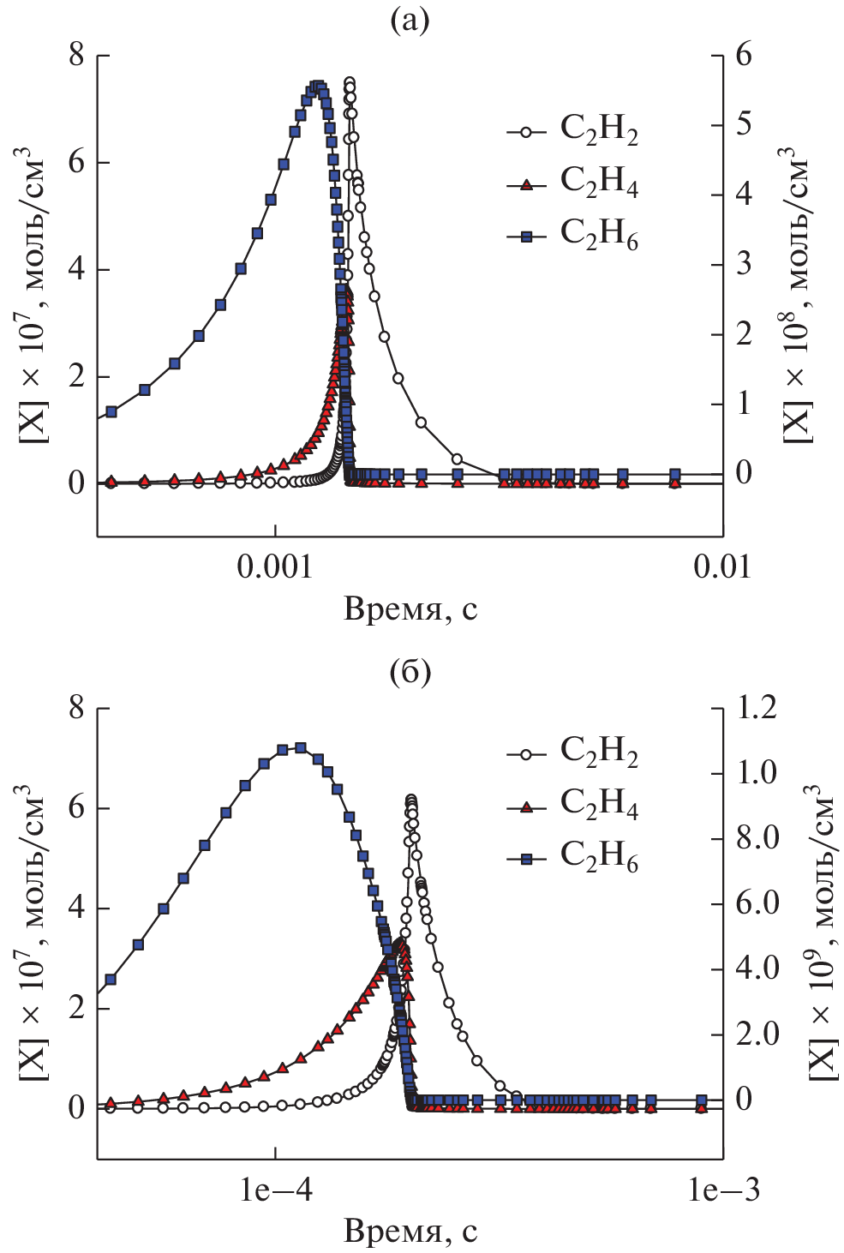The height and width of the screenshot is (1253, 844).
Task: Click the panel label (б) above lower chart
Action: click(410, 674)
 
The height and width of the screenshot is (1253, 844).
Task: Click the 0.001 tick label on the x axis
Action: click(275, 567)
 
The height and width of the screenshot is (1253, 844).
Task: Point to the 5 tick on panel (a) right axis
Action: click(743, 124)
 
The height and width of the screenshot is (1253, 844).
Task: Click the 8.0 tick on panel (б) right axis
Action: click(757, 837)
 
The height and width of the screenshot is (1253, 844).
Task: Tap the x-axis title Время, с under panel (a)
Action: click(410, 609)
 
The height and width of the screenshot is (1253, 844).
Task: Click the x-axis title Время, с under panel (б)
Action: click(410, 1232)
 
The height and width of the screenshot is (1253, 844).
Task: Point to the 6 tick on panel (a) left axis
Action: click(77, 162)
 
